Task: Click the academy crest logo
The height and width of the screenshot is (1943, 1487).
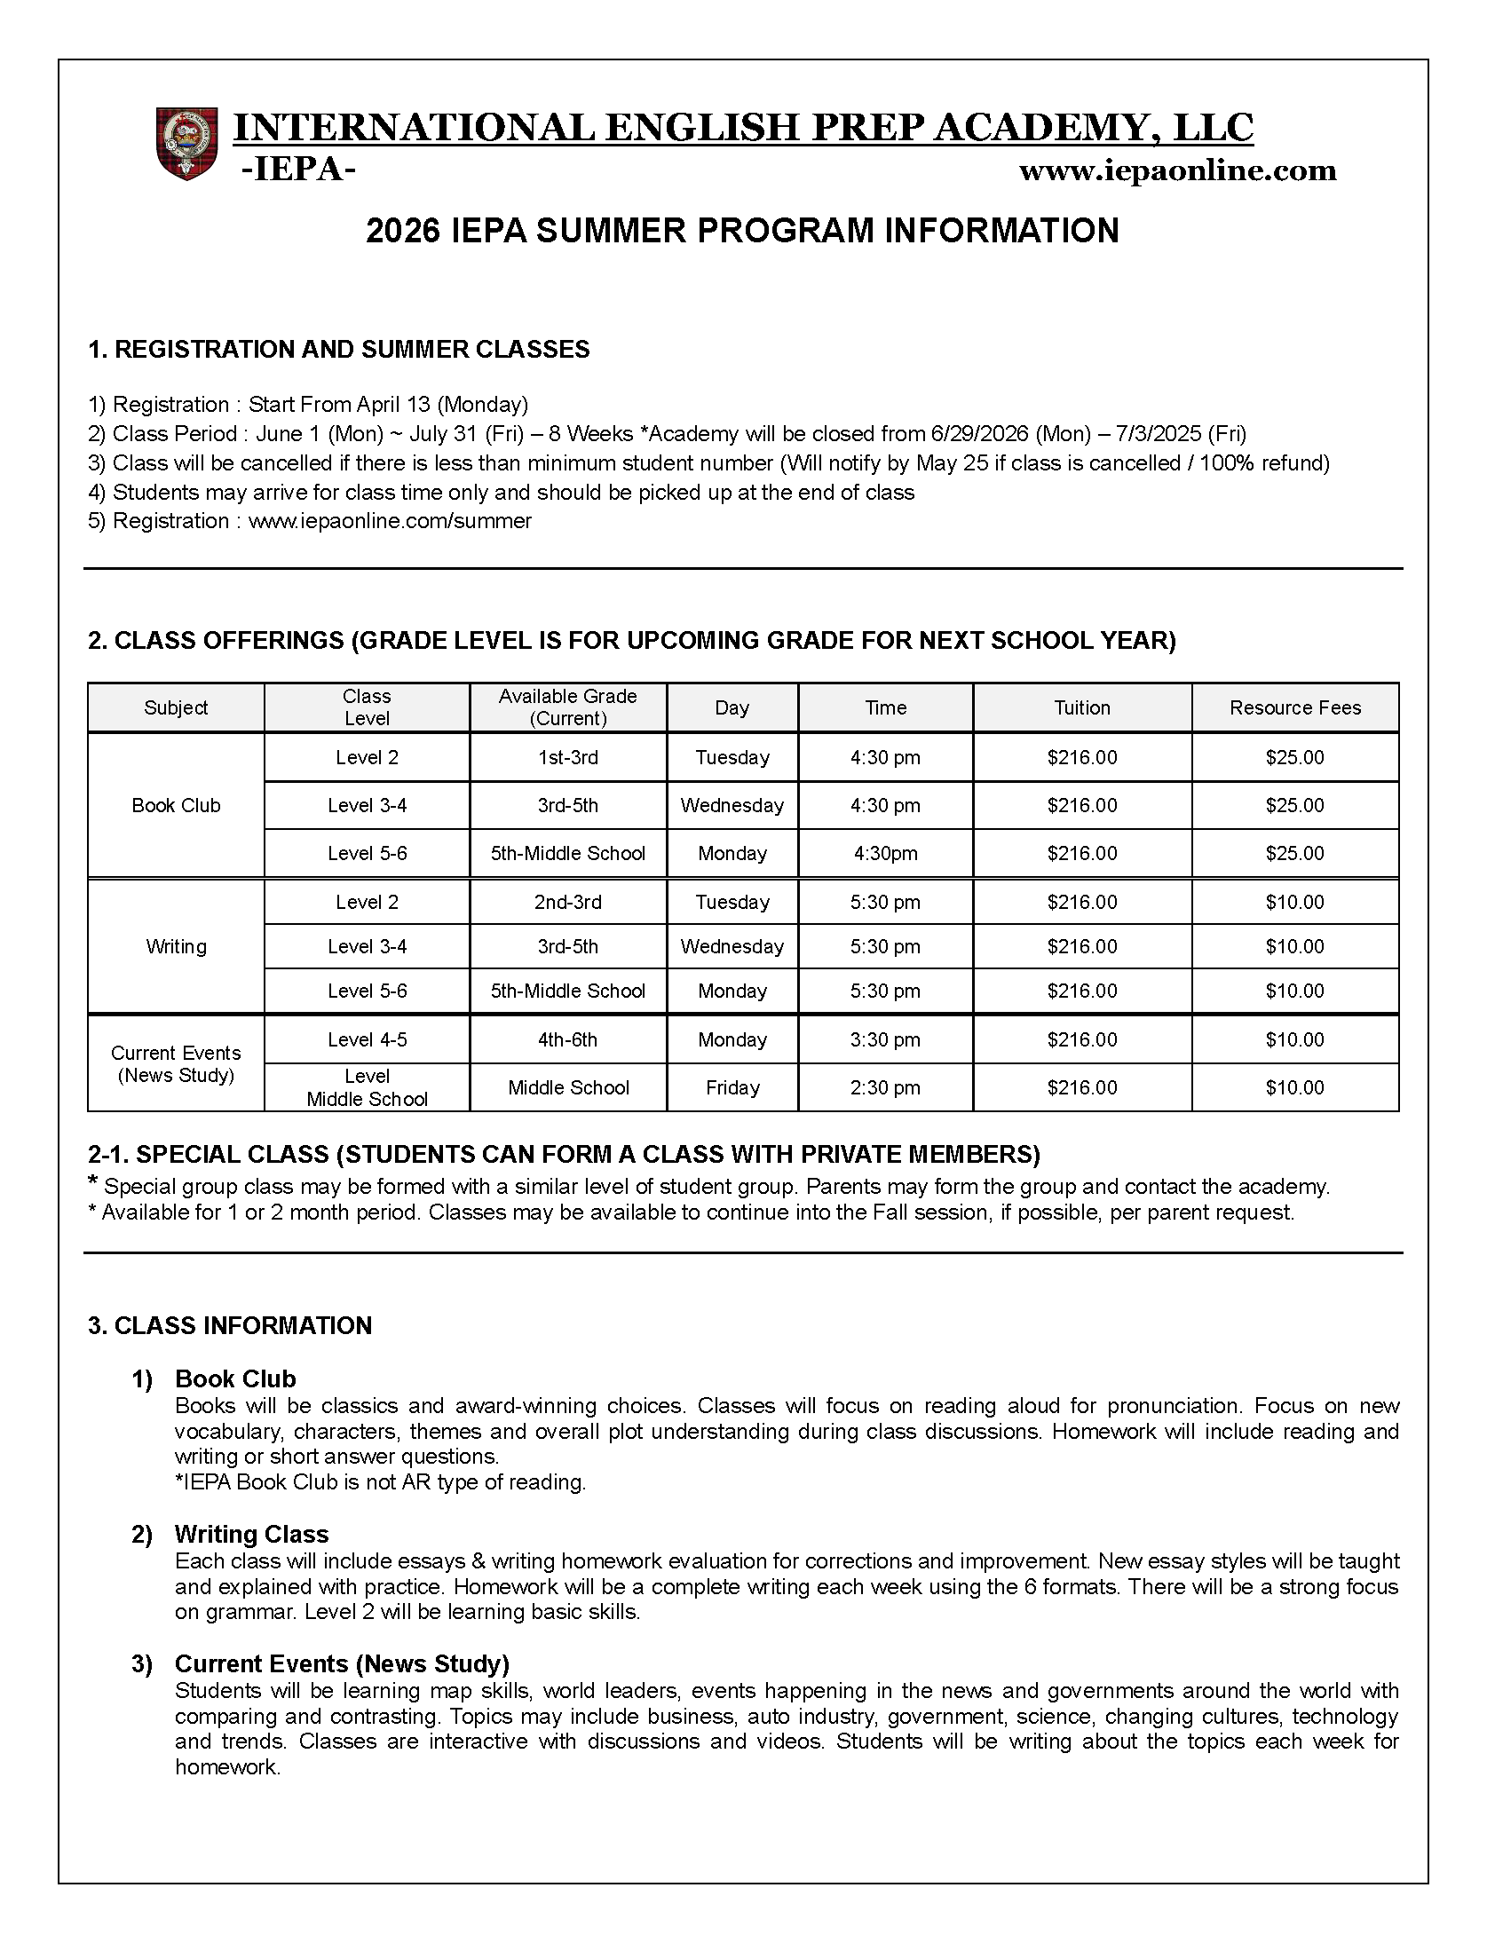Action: coord(187,144)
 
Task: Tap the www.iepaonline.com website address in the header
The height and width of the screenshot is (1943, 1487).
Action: coord(1177,170)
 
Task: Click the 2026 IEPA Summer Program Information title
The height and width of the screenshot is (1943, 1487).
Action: coord(742,231)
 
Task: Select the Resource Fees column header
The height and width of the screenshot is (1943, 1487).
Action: coord(1294,707)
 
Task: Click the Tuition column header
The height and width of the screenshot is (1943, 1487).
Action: coord(1081,707)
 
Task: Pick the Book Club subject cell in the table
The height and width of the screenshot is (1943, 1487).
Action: coord(176,805)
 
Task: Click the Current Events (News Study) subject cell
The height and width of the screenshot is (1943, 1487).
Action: coord(176,1063)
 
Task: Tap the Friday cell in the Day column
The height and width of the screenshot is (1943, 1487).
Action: coord(732,1087)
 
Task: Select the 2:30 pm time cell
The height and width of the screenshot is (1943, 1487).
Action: coord(885,1087)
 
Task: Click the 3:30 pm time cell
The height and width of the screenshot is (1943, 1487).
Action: coord(885,1039)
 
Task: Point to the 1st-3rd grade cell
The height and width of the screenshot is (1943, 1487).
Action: coord(567,757)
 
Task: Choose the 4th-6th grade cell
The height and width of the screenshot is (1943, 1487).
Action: coord(567,1039)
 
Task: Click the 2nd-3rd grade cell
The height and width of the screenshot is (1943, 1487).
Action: coord(567,902)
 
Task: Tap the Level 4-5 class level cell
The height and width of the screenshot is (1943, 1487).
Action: coord(367,1039)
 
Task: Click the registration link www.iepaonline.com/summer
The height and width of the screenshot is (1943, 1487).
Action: coord(390,521)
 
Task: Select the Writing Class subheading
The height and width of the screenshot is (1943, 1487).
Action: coord(251,1534)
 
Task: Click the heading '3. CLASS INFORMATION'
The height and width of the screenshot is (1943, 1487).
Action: coord(229,1325)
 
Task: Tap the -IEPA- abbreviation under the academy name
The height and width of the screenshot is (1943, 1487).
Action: coord(298,170)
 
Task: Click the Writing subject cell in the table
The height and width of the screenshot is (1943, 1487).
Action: coord(176,946)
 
